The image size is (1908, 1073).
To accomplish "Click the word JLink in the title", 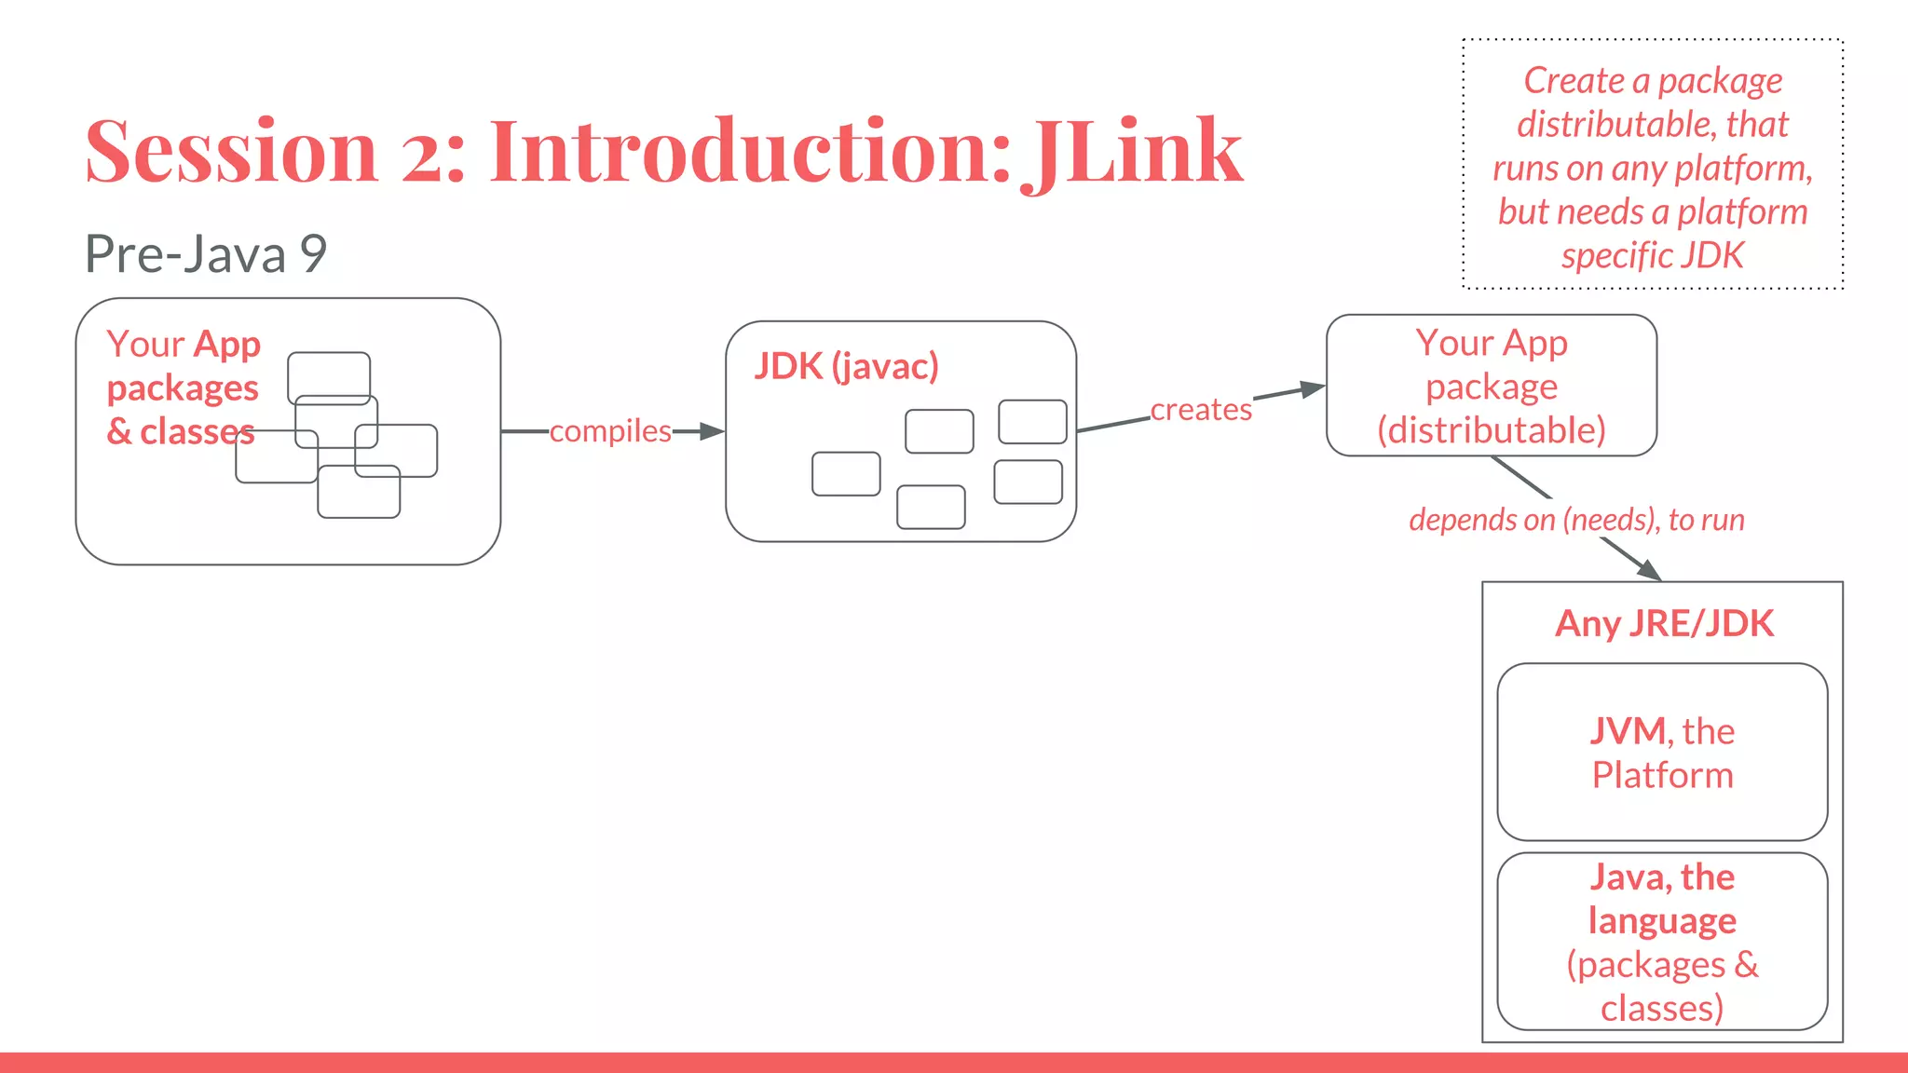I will click(x=1133, y=151).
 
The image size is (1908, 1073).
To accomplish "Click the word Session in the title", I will click(x=231, y=151).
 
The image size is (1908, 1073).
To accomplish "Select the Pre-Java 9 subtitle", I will click(x=206, y=253).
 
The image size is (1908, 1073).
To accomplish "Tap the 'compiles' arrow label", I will click(x=610, y=431).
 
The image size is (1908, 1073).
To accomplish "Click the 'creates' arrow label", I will click(x=1201, y=410).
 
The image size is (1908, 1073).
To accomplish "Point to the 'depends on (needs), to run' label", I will click(x=1576, y=520).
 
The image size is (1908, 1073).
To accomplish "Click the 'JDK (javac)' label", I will click(x=846, y=366).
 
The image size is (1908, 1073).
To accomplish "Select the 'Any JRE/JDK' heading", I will click(x=1664, y=623).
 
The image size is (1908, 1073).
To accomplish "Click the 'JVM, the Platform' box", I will click(x=1662, y=752).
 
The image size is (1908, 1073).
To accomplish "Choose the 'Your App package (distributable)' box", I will click(x=1492, y=386).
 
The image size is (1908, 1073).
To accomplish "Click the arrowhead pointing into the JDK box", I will click(x=713, y=431).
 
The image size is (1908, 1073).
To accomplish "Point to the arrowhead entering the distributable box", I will click(x=1314, y=388).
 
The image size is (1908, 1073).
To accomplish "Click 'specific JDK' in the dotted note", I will click(x=1653, y=255).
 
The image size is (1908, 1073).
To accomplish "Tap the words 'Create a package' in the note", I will click(x=1653, y=81).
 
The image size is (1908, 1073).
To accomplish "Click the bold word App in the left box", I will click(x=227, y=345).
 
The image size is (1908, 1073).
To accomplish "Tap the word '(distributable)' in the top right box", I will click(x=1492, y=430).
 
